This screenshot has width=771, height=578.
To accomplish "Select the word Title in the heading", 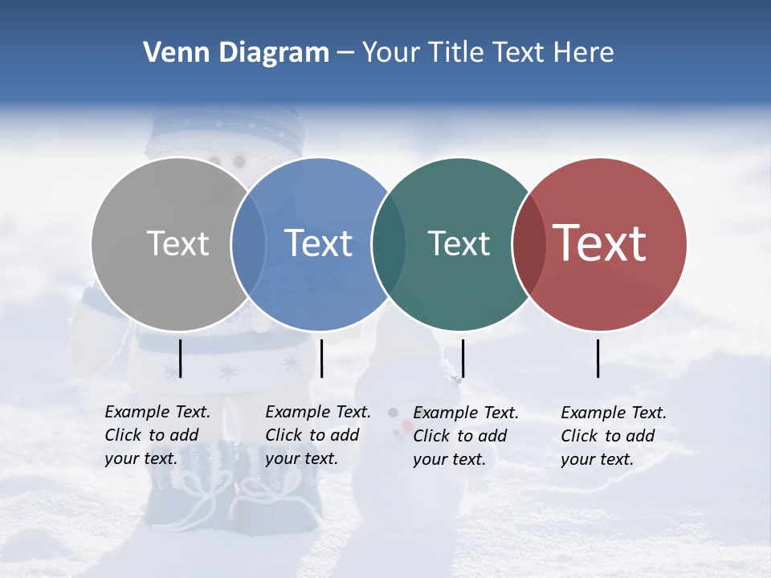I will (458, 53).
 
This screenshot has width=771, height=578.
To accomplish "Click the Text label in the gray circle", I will (177, 243).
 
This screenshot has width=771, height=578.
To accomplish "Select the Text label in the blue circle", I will (318, 243).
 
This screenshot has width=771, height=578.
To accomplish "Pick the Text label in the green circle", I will (459, 243).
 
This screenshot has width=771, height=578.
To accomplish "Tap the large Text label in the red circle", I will (600, 243).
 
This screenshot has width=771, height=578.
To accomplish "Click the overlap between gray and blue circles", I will (248, 244).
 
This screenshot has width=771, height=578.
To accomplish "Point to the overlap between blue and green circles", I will (389, 244).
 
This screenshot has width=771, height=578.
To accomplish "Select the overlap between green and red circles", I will (529, 244).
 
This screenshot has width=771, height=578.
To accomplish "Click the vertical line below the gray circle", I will (181, 358).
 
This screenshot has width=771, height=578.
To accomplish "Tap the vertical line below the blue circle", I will (321, 358).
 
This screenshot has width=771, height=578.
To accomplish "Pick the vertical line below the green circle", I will (463, 358).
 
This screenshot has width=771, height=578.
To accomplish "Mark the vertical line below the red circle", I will (598, 358).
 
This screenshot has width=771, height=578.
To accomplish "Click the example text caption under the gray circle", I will (157, 435).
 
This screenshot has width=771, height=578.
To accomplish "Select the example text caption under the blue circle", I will (318, 435).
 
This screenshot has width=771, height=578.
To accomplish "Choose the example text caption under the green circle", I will (466, 436).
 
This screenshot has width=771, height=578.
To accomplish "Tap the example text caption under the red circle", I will (614, 436).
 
